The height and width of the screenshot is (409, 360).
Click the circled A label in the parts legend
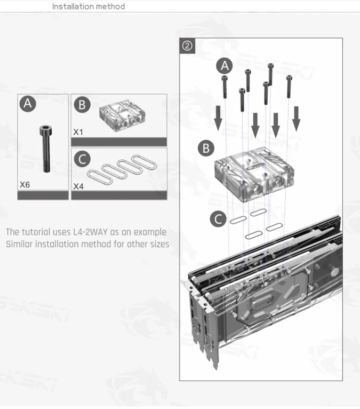tap(28, 104)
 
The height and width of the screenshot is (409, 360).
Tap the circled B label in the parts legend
tap(82, 105)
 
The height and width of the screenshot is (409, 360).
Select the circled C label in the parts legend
tap(82, 159)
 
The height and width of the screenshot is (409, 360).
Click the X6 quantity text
tap(25, 185)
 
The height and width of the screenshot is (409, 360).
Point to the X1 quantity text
tap(78, 132)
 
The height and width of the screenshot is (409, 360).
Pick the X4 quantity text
tap(79, 187)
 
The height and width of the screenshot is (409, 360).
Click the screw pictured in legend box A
tap(45, 149)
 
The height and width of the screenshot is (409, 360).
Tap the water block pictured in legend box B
tap(122, 115)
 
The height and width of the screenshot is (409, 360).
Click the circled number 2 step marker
tap(187, 46)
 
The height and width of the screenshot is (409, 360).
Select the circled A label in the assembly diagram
tap(225, 66)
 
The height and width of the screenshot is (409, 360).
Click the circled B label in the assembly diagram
tap(206, 148)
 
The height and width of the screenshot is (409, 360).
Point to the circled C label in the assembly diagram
tap(218, 219)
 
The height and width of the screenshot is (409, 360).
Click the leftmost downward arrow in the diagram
tap(218, 118)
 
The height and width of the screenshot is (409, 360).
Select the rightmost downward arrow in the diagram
tap(296, 119)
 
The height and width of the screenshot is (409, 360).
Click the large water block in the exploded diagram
tap(254, 174)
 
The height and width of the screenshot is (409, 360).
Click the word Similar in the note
tap(19, 244)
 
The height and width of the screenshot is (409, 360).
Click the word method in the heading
tap(110, 6)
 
